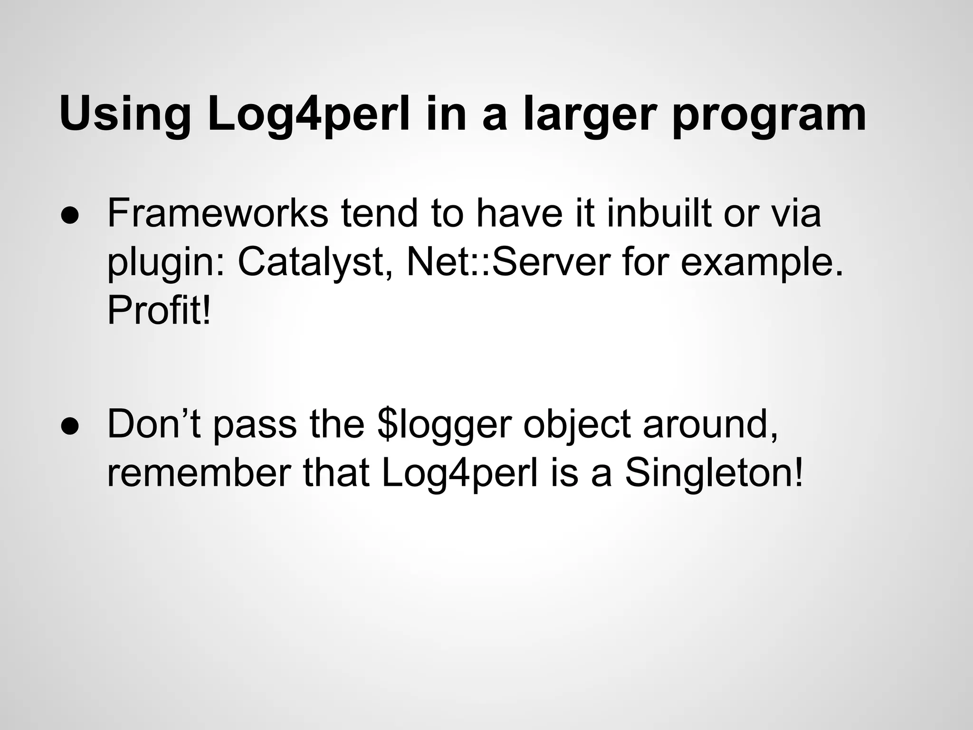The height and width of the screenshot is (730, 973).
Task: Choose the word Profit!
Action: coord(159,311)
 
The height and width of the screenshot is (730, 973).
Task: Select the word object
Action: coord(577,424)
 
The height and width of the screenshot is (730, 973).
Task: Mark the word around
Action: coord(710,424)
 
